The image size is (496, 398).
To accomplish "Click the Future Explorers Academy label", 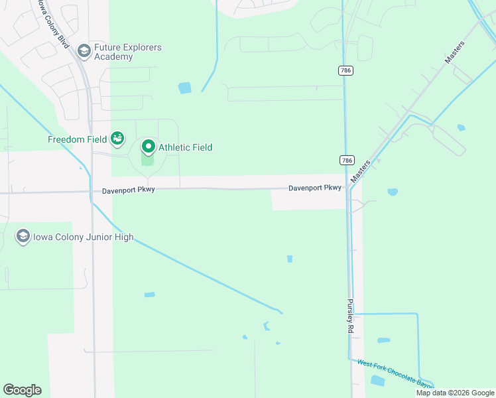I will [127, 52].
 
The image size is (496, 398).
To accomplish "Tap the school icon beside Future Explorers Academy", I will [84, 50].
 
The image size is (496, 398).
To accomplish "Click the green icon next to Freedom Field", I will [117, 139].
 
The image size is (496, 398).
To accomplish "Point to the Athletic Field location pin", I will [148, 147].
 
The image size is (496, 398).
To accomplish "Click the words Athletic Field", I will [185, 147].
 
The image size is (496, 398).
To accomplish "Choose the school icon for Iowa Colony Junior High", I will [23, 237].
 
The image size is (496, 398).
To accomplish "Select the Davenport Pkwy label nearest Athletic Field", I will [129, 190].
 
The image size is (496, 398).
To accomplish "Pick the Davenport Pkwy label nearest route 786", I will [314, 188].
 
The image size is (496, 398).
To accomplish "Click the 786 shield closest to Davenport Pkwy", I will [346, 161].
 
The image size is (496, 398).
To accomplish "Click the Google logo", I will [22, 390].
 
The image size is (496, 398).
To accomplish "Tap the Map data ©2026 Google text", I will [455, 393].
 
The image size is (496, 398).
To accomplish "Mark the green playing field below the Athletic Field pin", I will [148, 160].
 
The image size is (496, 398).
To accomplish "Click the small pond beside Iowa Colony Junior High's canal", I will [149, 295].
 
